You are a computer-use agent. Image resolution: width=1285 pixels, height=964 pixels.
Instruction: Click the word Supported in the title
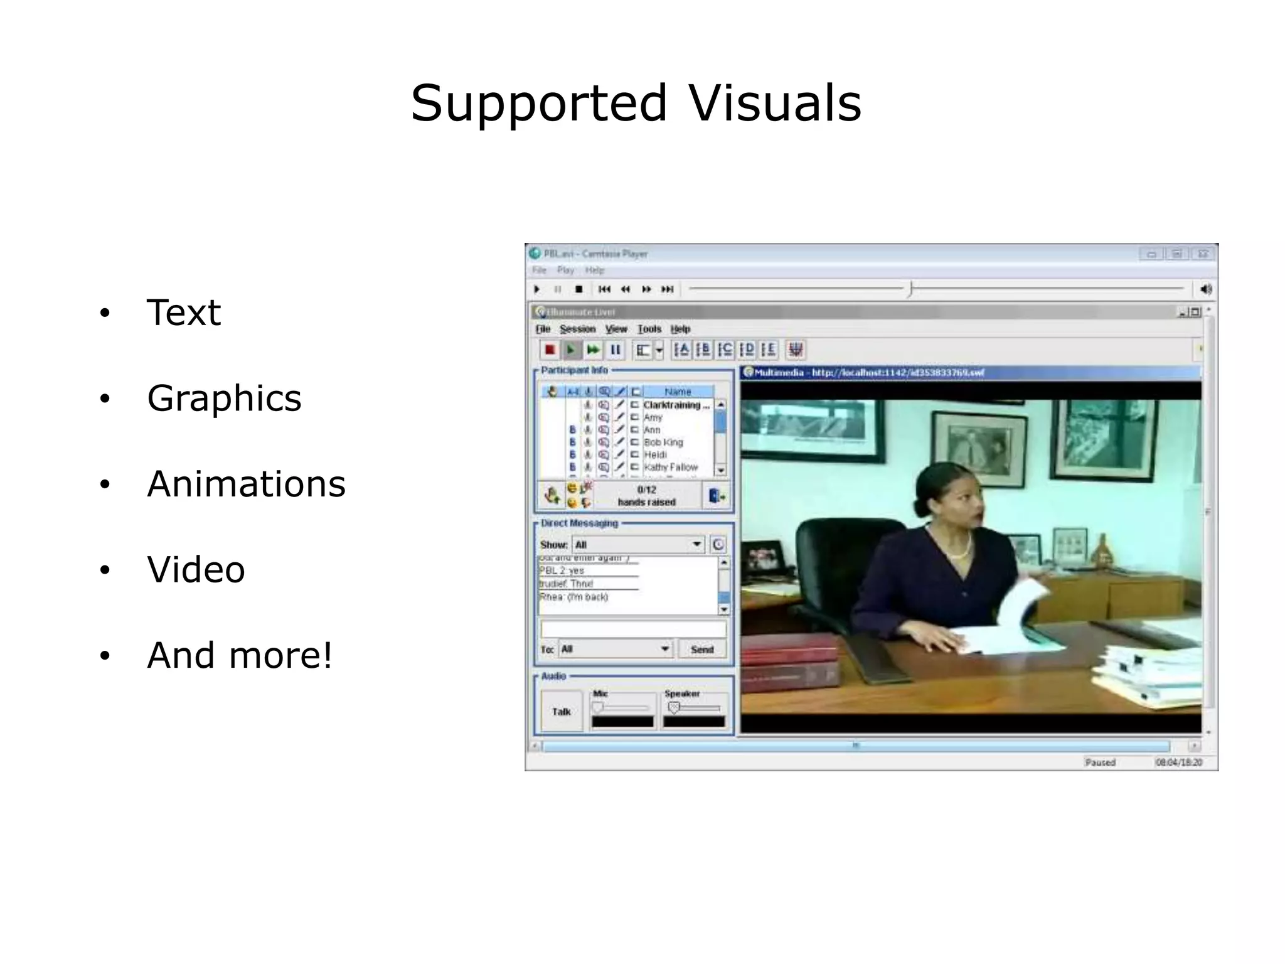[539, 104]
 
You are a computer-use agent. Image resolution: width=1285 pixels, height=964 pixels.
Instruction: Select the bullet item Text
[183, 313]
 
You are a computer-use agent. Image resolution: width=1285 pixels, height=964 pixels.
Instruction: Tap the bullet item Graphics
[224, 399]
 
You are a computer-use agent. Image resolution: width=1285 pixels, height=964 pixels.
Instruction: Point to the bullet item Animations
[246, 485]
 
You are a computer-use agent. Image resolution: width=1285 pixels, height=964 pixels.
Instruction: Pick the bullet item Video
[196, 570]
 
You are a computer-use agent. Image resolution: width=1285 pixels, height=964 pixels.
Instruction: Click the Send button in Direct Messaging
[702, 650]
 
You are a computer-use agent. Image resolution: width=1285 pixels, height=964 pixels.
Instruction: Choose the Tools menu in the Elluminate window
[649, 329]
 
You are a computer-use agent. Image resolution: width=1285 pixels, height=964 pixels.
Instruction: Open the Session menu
[577, 329]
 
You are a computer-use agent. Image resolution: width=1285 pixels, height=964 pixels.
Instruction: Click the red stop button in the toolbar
[550, 350]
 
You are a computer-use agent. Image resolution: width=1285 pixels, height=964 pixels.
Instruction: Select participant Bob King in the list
[663, 442]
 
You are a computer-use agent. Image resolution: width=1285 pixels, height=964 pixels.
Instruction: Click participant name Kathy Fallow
[670, 468]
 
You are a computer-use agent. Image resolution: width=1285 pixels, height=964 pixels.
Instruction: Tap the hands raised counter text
[646, 496]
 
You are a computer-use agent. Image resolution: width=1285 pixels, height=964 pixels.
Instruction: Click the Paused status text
[1100, 763]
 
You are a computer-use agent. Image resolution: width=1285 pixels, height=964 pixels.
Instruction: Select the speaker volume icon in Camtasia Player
[1205, 289]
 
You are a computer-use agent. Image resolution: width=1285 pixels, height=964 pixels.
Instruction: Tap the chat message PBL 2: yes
[562, 570]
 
